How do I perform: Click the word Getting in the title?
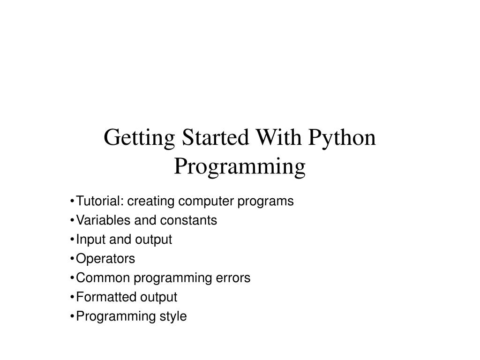coord(139,139)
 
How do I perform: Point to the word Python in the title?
coord(342,139)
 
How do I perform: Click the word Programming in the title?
coord(240,166)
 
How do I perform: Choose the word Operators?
coord(105,259)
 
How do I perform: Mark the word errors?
coord(233,278)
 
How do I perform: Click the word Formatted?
coord(106,297)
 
